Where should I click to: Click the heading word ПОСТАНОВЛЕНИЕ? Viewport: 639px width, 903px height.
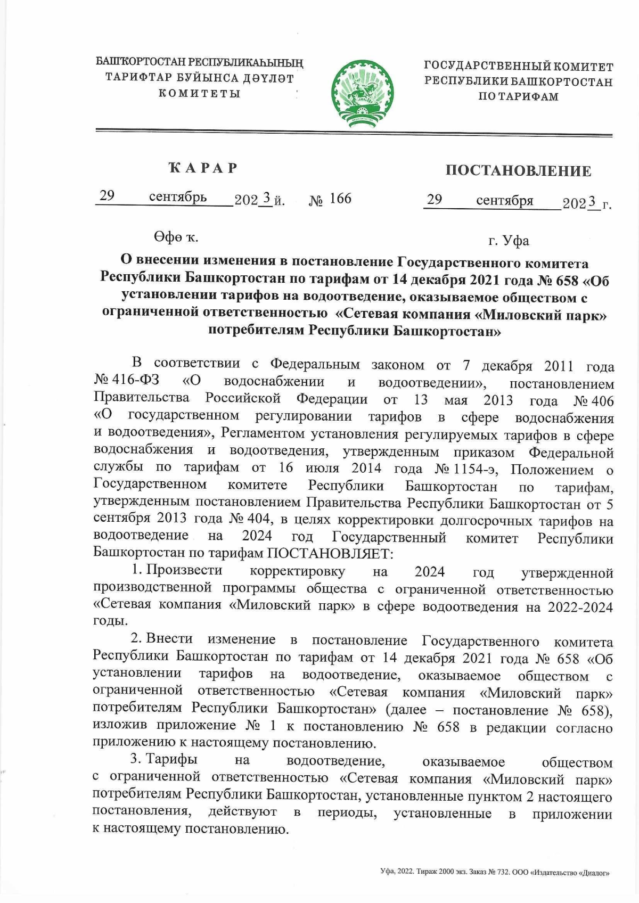(x=518, y=171)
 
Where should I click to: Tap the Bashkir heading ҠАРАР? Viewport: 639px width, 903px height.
(x=203, y=168)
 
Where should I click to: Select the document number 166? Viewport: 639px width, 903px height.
(x=340, y=199)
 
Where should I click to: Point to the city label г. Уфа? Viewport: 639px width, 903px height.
(x=509, y=241)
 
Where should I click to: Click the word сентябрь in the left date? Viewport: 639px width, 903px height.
(x=177, y=197)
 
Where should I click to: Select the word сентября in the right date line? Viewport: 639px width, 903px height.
(x=504, y=200)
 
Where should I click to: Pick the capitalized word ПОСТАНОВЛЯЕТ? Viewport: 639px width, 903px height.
(x=329, y=553)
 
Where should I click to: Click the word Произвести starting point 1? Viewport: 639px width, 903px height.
(x=184, y=570)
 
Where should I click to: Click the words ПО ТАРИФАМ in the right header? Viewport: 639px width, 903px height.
(x=518, y=97)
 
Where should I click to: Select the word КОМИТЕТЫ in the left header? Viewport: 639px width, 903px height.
(x=200, y=94)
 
